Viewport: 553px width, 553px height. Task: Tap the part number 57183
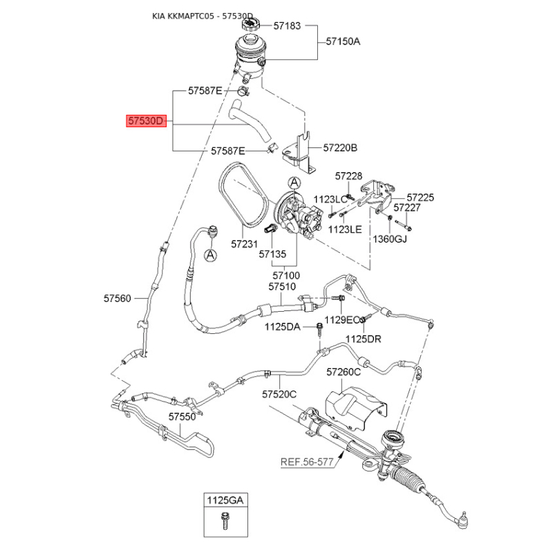pyautogui.click(x=287, y=26)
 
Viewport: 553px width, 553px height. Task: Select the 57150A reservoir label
pyautogui.click(x=343, y=41)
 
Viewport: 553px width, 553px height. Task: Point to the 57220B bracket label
pyautogui.click(x=340, y=148)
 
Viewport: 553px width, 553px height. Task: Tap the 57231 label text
pyautogui.click(x=244, y=244)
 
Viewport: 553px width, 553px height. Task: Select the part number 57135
pyautogui.click(x=273, y=254)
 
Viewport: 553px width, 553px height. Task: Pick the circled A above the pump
pyautogui.click(x=294, y=182)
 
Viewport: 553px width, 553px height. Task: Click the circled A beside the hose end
pyautogui.click(x=211, y=256)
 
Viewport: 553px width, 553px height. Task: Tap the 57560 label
pyautogui.click(x=118, y=299)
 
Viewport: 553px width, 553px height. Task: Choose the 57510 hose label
pyautogui.click(x=282, y=286)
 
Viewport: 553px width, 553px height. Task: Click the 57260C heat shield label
pyautogui.click(x=344, y=372)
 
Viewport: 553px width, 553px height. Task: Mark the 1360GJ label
pyautogui.click(x=391, y=239)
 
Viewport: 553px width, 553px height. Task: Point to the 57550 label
pyautogui.click(x=182, y=417)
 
